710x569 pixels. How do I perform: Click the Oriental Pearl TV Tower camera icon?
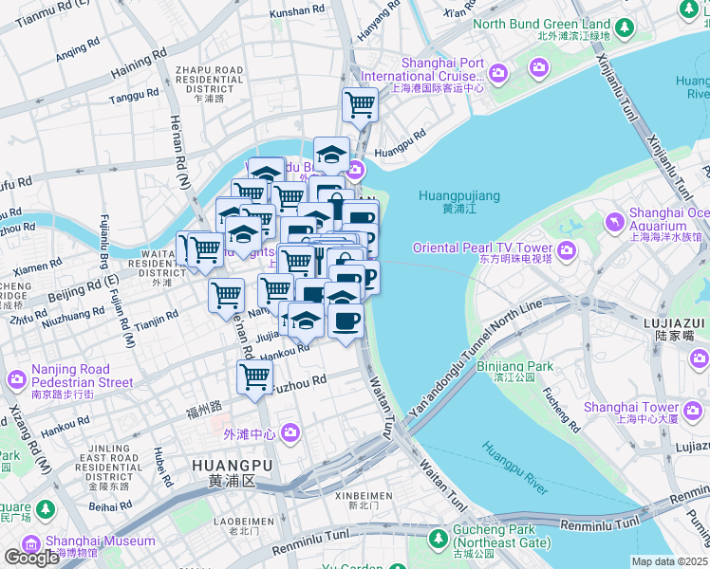567,250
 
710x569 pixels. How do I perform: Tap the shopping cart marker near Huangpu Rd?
360,102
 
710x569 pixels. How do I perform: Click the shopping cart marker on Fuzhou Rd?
254,376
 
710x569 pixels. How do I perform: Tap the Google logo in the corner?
31,558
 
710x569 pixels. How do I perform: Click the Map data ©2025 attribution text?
670,561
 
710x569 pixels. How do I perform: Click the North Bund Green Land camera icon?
626,24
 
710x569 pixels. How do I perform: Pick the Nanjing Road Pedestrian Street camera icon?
17,380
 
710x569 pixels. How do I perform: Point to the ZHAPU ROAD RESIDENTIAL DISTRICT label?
208,83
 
